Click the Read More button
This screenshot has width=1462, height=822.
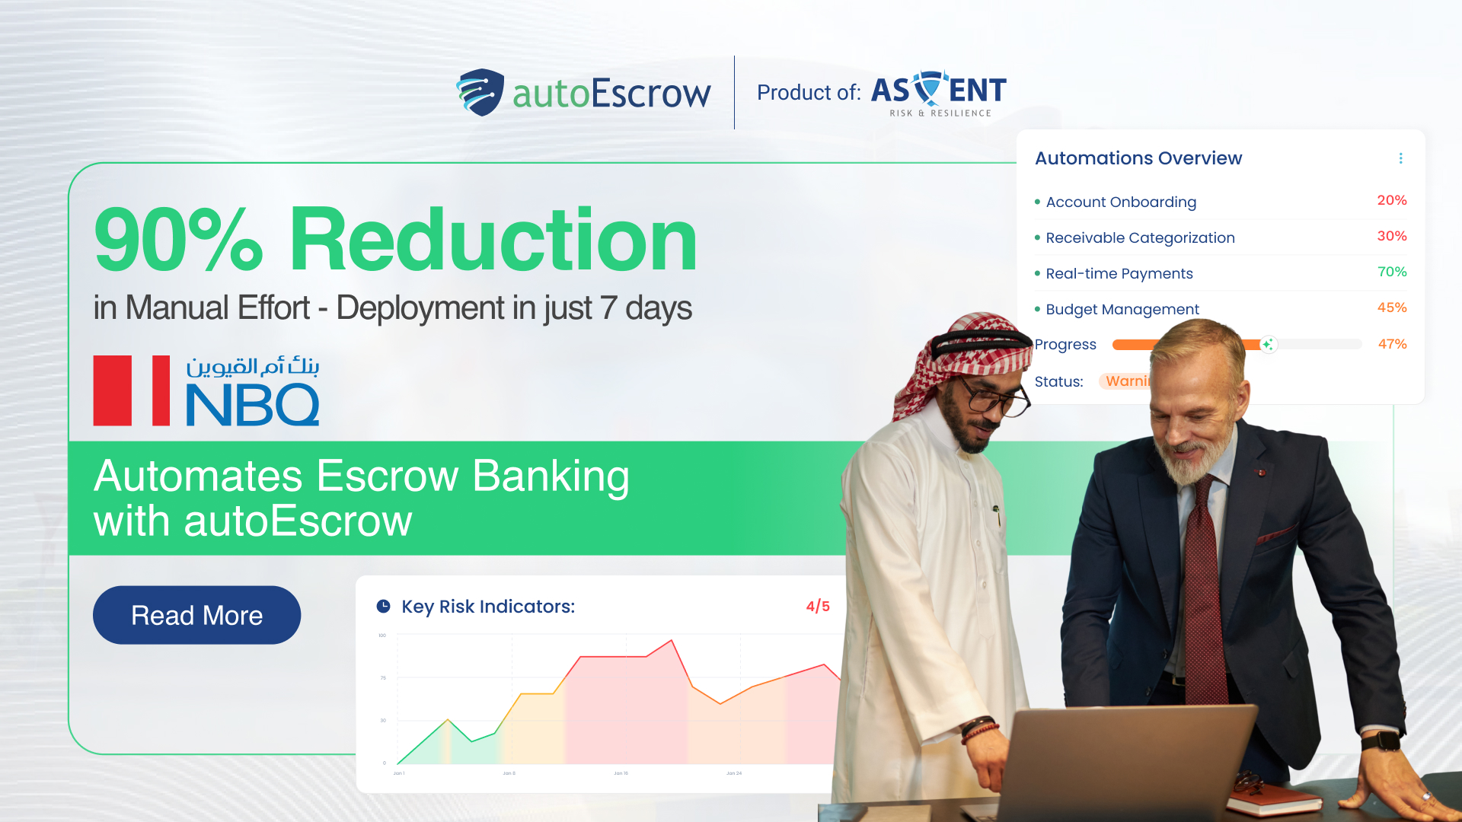[x=196, y=615]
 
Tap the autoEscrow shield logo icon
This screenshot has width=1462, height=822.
[x=480, y=92]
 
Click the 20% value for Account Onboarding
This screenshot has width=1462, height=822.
[x=1391, y=200]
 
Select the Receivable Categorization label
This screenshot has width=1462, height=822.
[x=1140, y=237]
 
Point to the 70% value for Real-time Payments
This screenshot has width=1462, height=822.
[x=1392, y=272]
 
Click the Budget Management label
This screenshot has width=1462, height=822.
[x=1122, y=309]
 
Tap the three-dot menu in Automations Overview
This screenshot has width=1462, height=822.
[x=1400, y=158]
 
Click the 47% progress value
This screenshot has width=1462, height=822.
[x=1392, y=344]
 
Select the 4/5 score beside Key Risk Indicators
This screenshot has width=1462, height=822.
[x=818, y=607]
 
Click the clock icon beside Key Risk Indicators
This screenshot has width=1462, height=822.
[x=384, y=607]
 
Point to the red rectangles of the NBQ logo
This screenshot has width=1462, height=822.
[x=132, y=390]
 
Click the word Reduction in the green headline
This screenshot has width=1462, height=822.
[x=493, y=240]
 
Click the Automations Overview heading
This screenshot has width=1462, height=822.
[x=1138, y=158]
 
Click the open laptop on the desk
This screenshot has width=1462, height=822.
[x=1127, y=761]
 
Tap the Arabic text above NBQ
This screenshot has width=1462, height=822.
[x=253, y=367]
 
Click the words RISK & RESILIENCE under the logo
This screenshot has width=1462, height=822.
[x=940, y=113]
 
